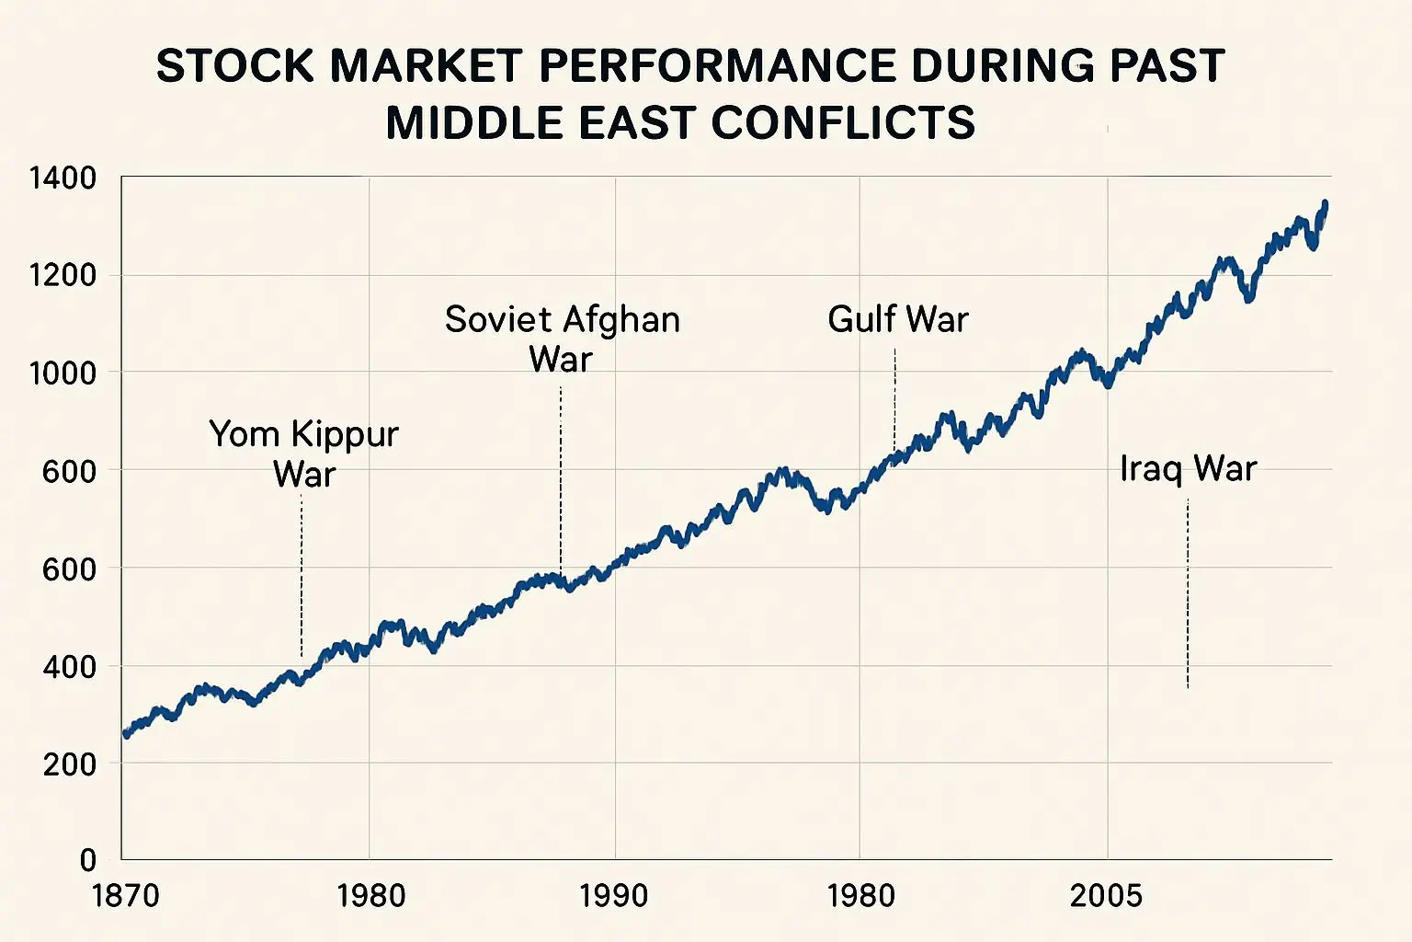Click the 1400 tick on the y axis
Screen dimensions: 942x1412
[x=62, y=178]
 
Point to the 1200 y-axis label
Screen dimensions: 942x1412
[x=62, y=275]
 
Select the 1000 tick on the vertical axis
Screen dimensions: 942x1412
[x=62, y=373]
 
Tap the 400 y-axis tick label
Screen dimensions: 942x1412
[x=69, y=666]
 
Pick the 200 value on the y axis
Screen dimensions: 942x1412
[x=69, y=764]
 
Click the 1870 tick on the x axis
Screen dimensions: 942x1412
[x=126, y=895]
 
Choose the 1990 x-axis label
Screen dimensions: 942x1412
[x=613, y=895]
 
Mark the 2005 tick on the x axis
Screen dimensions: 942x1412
[x=1106, y=895]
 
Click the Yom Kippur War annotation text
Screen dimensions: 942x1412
[x=303, y=454]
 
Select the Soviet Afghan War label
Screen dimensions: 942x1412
[x=562, y=339]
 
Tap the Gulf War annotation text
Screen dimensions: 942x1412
[x=897, y=319]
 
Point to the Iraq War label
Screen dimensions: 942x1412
[x=1188, y=468]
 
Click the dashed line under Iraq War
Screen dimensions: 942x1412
[x=1188, y=593]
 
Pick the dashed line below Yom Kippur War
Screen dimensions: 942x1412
[x=302, y=575]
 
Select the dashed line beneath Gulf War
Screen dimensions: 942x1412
[x=894, y=400]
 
